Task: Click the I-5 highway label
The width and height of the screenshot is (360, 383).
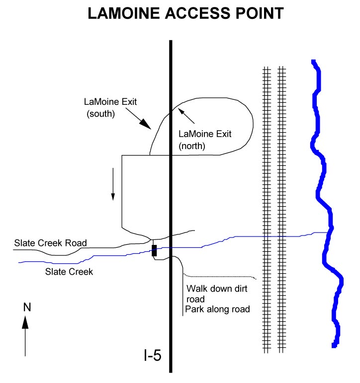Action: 152,356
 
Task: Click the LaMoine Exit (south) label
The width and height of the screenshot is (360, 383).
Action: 109,108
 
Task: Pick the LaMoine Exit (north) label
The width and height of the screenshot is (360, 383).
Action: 205,140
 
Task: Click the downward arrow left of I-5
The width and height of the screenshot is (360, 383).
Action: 113,184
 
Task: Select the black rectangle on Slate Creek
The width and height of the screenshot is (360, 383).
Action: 154,250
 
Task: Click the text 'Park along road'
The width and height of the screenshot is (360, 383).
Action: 217,309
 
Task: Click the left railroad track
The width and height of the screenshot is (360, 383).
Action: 267,209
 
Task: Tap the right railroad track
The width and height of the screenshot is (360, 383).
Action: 282,209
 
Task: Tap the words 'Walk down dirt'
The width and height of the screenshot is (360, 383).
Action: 216,289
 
